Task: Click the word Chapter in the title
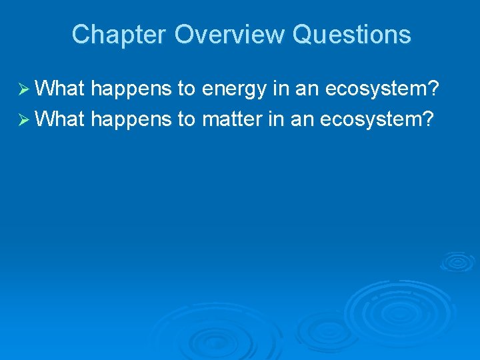click(x=119, y=35)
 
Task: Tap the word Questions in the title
click(x=352, y=35)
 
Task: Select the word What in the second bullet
click(x=59, y=120)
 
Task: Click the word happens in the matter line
click(x=131, y=120)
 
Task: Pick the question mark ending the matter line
click(x=428, y=120)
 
